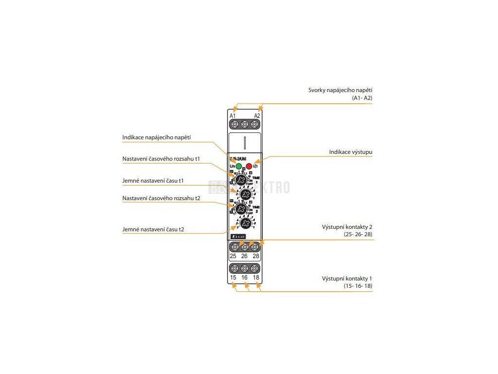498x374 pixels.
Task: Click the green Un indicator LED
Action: click(239, 166)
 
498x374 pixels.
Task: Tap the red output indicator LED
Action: click(249, 166)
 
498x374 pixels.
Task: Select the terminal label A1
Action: click(232, 115)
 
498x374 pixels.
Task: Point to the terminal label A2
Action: click(257, 115)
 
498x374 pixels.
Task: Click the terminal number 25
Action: click(233, 256)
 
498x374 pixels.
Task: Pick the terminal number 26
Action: click(244, 256)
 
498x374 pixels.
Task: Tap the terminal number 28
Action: click(256, 256)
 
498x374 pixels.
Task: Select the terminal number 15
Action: click(233, 278)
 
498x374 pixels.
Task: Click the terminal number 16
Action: click(244, 278)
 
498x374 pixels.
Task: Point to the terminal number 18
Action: click(256, 278)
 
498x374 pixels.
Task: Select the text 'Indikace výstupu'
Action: click(351, 152)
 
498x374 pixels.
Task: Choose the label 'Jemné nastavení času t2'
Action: click(153, 229)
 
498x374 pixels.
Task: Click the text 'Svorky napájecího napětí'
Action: click(340, 90)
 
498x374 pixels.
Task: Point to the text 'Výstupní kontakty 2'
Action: click(347, 227)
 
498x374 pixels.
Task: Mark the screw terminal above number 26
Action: click(245, 247)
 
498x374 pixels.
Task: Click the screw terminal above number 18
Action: click(255, 269)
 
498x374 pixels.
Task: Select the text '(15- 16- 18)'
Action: click(357, 286)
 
